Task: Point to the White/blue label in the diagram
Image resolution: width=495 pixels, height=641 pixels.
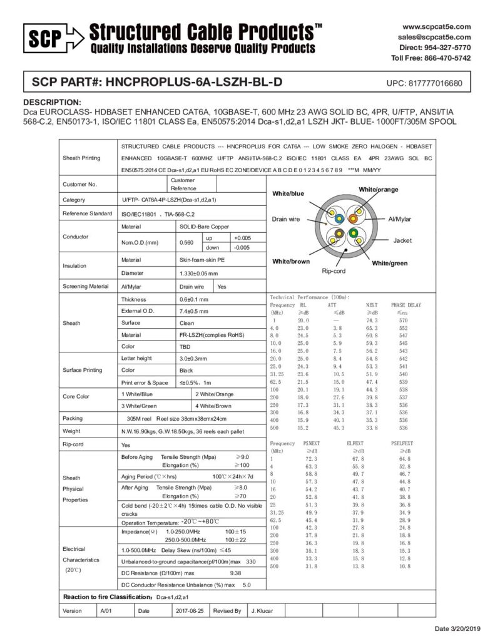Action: [x=288, y=194]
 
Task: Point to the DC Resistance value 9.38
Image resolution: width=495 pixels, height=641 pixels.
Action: [x=236, y=573]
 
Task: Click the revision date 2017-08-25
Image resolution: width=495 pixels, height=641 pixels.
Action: [x=191, y=610]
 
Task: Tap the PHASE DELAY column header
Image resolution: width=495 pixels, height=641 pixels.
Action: [x=406, y=305]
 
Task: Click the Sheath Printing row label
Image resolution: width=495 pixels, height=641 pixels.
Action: [x=83, y=158]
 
